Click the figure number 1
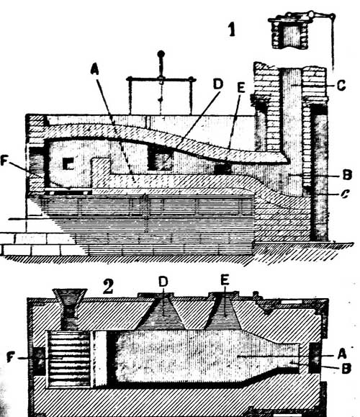(x=232, y=30)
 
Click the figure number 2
(x=108, y=287)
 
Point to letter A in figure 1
(x=94, y=68)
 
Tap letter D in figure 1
(x=218, y=84)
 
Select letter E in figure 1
(x=241, y=87)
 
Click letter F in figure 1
(x=4, y=161)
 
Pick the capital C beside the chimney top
(x=341, y=86)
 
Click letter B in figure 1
(x=347, y=175)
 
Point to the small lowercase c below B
(x=345, y=194)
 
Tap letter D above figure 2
(x=163, y=282)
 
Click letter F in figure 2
(x=10, y=357)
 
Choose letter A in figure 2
(x=342, y=354)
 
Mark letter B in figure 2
(x=346, y=368)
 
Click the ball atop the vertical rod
(x=161, y=54)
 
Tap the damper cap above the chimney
(x=290, y=32)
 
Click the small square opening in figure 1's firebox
(x=68, y=163)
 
